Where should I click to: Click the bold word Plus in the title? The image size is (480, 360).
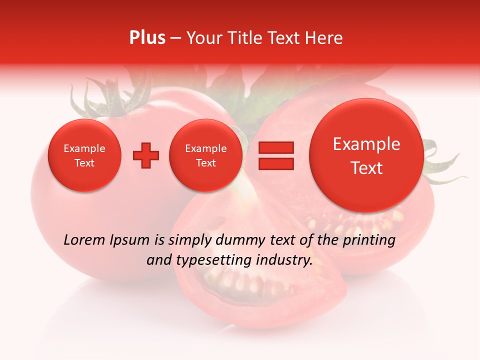coord(147,38)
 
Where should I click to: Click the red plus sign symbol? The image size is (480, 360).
coord(146,155)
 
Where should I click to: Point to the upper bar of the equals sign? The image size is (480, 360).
coord(275,147)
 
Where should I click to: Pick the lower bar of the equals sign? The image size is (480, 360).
coord(275,163)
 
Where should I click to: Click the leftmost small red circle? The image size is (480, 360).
coord(84,155)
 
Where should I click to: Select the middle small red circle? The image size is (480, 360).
coord(205,155)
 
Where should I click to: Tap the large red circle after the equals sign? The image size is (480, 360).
coord(366,155)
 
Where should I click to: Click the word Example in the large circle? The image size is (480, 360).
coord(366,144)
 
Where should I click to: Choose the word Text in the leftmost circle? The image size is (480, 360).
coord(84,163)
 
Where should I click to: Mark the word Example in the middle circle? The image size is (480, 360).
coord(205,148)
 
